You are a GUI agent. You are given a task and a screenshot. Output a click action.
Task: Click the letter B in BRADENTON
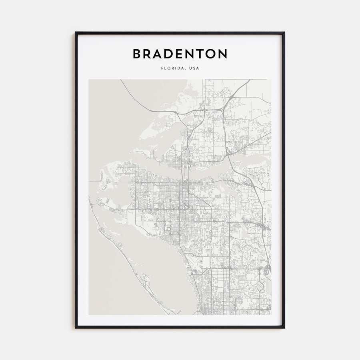click(x=137, y=54)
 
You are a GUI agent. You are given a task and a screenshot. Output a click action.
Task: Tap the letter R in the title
click(x=149, y=54)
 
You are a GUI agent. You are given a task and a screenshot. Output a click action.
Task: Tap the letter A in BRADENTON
click(x=161, y=54)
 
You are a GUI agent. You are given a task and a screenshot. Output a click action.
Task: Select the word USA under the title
click(x=194, y=68)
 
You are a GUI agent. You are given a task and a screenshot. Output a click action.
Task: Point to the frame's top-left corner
click(x=76, y=32)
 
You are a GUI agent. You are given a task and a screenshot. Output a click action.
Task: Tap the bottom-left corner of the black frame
click(x=76, y=328)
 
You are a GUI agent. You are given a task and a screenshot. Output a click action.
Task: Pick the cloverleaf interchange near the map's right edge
click(x=266, y=272)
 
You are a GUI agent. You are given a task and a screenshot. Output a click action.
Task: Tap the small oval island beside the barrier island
click(x=145, y=277)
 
